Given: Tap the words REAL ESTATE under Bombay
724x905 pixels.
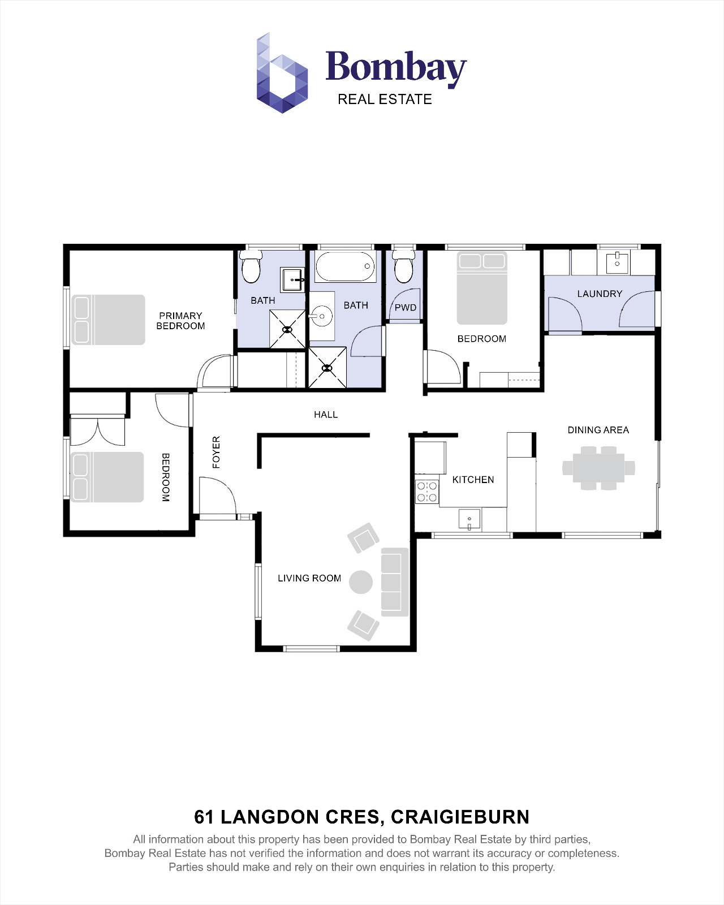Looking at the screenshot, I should point(385,100).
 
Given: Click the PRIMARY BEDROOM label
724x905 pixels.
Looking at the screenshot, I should point(180,321).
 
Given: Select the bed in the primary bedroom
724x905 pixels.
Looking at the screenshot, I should point(108,320).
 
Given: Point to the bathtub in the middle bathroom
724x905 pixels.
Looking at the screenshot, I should point(345,267).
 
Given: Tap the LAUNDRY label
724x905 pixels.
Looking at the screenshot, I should point(600,294).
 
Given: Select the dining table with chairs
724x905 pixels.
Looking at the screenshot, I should point(598,468).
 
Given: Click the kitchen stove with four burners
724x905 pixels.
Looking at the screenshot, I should point(427,492).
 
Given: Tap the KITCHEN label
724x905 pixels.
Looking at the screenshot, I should point(473,480).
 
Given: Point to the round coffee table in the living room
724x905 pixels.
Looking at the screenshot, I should point(361,581).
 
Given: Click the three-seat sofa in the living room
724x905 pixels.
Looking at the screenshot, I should point(394,581).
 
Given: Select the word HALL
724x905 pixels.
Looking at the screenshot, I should point(326,415).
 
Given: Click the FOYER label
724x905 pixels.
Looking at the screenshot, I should point(216,452).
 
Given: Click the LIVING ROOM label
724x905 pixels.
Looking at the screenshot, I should point(309,578).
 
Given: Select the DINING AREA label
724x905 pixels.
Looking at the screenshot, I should point(598,430).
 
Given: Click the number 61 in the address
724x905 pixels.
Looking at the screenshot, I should point(204,817).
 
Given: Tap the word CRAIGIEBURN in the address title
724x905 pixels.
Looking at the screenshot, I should point(460,817).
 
